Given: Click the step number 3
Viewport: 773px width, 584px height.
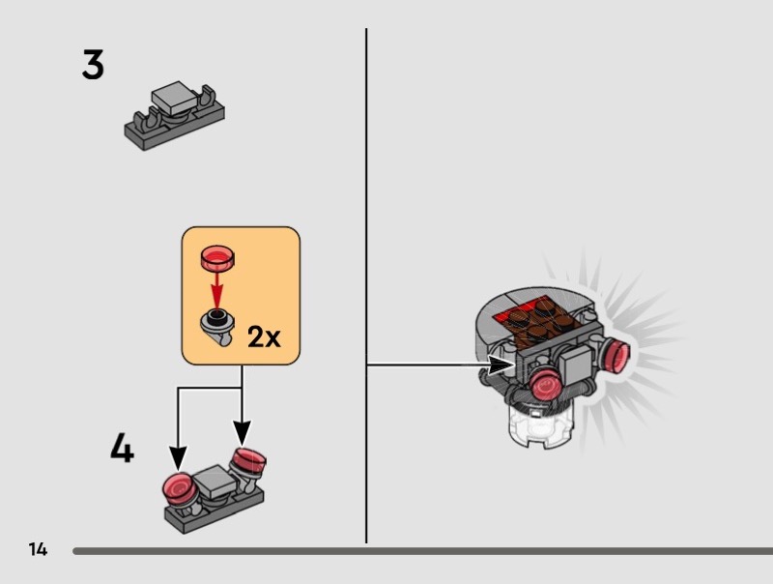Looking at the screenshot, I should point(93,66).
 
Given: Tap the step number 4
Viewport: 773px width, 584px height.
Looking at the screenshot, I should point(121,450).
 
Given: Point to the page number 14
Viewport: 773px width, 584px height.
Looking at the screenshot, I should point(38,550).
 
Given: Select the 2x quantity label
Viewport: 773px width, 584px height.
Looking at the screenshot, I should point(263,336).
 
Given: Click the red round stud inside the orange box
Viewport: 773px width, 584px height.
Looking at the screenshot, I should point(217,257).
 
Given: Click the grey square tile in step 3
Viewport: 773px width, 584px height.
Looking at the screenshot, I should point(174,98).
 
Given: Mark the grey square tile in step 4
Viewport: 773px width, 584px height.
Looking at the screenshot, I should point(215,477).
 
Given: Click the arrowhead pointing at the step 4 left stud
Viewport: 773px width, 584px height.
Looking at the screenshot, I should point(177,455).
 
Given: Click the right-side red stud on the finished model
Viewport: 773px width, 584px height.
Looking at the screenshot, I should point(613,354).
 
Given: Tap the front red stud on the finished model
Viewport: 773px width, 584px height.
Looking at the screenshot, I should point(548,387).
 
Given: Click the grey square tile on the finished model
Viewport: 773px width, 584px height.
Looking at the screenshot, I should point(576,366).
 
